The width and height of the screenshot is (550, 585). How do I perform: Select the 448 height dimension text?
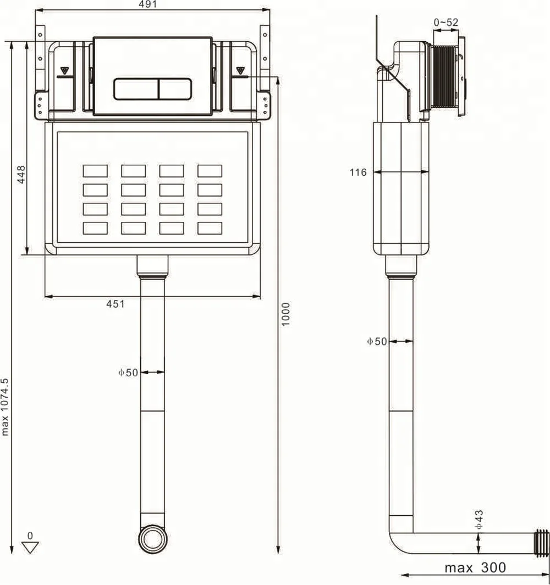tap(21, 174)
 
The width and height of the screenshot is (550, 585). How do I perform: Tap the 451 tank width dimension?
tap(116, 304)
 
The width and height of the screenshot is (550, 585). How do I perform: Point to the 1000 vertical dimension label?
tap(285, 313)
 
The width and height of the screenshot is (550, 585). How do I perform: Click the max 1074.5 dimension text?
tap(5, 406)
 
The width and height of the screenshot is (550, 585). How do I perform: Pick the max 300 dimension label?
tap(475, 567)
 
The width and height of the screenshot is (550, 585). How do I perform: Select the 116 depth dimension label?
tap(358, 172)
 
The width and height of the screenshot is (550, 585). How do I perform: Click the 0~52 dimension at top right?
tap(446, 23)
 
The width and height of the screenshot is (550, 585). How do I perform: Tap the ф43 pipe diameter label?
tap(479, 519)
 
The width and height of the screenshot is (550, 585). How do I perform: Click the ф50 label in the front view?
tap(128, 372)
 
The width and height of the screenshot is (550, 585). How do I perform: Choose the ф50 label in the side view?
tap(377, 341)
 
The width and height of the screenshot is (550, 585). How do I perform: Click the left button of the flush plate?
tap(136, 88)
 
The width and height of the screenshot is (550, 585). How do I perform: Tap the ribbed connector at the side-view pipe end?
tap(542, 543)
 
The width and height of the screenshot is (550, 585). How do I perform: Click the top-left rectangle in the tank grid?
tap(95, 171)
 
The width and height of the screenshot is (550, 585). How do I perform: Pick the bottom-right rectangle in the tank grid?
tap(210, 228)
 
